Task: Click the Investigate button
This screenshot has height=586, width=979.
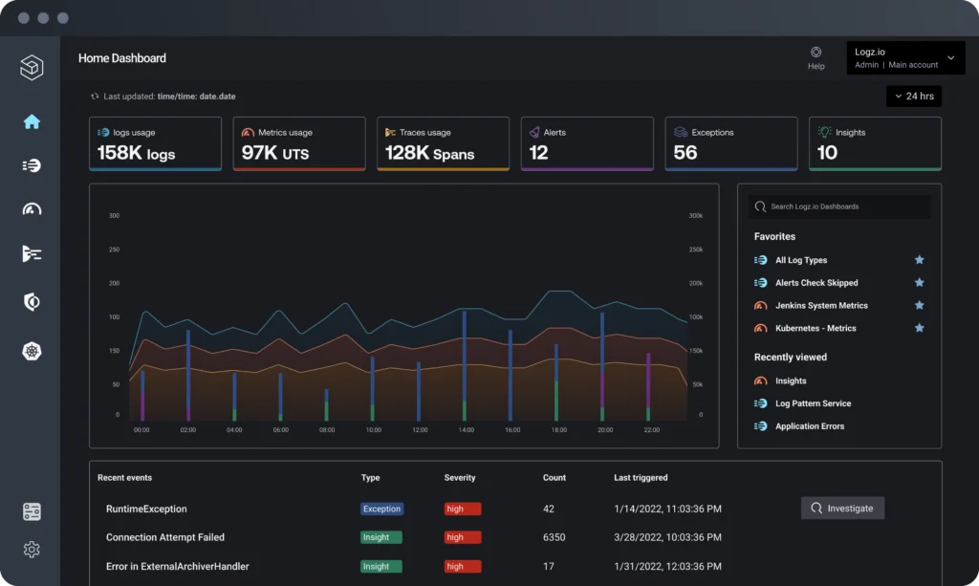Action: pyautogui.click(x=842, y=509)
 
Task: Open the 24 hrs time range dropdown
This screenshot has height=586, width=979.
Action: pyautogui.click(x=913, y=97)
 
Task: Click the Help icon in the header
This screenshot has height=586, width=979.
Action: pyautogui.click(x=816, y=54)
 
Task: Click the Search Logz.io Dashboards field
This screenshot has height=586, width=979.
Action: pyautogui.click(x=839, y=206)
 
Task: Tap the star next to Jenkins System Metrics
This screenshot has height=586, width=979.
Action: pyautogui.click(x=919, y=306)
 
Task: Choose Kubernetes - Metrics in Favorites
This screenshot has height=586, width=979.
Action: pyautogui.click(x=816, y=329)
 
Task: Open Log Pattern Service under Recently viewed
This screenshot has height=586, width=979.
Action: pyautogui.click(x=813, y=403)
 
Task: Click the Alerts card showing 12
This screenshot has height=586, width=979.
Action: pyautogui.click(x=587, y=143)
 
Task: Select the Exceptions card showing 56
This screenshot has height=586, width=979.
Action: pyautogui.click(x=730, y=143)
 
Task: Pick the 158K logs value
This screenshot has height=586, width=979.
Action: pyautogui.click(x=136, y=153)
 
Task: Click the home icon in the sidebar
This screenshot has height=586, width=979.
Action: pyautogui.click(x=32, y=121)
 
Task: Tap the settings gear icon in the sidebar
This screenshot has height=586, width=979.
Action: pyautogui.click(x=32, y=550)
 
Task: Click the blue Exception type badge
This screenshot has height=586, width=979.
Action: pyautogui.click(x=381, y=509)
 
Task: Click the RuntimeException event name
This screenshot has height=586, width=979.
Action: pyautogui.click(x=146, y=509)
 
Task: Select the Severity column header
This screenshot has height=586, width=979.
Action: pyautogui.click(x=460, y=477)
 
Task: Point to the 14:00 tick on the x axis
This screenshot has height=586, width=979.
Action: pyautogui.click(x=466, y=430)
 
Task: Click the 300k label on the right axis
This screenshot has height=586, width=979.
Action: pyautogui.click(x=695, y=216)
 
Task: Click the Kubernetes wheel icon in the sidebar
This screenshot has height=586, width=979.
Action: pyautogui.click(x=32, y=352)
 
